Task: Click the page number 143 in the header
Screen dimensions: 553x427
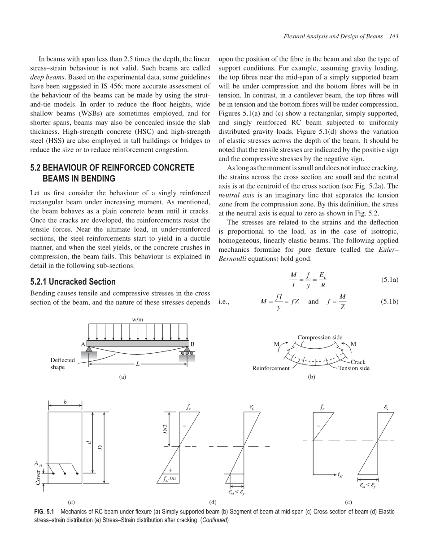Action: (394, 36)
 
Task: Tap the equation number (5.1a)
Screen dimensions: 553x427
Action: (390, 279)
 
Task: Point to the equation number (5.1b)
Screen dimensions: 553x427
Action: (389, 302)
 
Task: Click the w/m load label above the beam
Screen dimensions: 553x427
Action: (138, 320)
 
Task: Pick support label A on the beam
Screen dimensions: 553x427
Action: (83, 344)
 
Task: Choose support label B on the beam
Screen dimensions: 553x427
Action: (192, 344)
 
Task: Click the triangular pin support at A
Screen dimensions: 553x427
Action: (89, 349)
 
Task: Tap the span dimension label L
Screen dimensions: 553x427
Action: (138, 364)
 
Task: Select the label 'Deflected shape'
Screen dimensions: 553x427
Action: (63, 364)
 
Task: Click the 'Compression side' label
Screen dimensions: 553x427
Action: (320, 337)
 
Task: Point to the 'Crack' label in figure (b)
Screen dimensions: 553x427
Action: (358, 362)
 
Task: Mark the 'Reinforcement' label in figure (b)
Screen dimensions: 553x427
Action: (271, 368)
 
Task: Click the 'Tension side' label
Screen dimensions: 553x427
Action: (354, 368)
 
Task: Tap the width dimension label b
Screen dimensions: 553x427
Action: (65, 402)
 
